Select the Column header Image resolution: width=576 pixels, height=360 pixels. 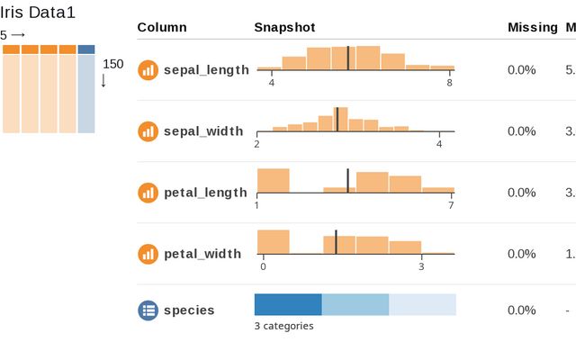[x=162, y=27]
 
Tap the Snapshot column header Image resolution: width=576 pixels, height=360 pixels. [x=284, y=27]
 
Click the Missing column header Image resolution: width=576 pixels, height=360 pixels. [x=533, y=27]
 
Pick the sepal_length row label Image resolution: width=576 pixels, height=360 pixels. [x=206, y=69]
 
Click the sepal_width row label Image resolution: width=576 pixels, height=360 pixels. [x=203, y=130]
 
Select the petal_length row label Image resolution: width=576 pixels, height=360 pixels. [x=205, y=192]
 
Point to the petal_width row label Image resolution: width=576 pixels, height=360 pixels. [x=202, y=253]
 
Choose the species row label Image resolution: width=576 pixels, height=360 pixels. [x=189, y=310]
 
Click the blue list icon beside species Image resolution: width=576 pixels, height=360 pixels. [x=148, y=310]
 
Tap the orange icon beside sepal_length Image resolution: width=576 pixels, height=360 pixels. [x=148, y=69]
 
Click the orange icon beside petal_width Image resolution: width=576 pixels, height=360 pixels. [x=148, y=253]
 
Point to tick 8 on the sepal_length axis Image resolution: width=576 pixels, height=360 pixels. [x=449, y=83]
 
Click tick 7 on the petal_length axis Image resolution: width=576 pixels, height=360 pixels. [x=451, y=205]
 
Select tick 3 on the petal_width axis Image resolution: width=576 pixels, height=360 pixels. [x=420, y=266]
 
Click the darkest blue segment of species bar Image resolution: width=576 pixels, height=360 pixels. [x=288, y=304]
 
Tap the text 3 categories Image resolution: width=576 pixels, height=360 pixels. [x=283, y=326]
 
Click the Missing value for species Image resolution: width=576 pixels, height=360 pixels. [x=521, y=310]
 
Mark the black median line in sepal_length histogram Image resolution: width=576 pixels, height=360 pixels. [x=347, y=57]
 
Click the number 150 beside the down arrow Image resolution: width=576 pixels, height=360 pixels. [x=113, y=64]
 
